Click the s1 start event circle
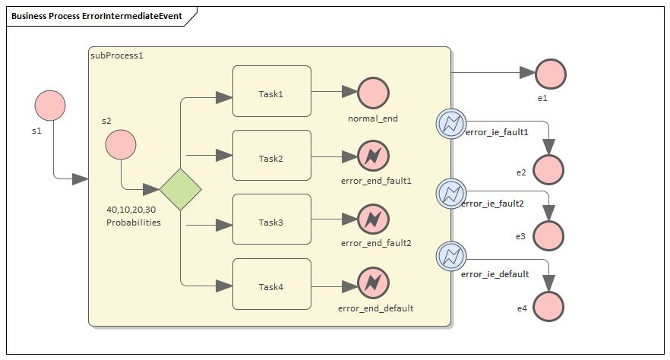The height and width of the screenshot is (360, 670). (50, 106)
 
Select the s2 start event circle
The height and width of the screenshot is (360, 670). (121, 144)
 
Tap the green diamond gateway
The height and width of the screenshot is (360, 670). (180, 189)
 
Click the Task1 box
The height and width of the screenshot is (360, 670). (271, 91)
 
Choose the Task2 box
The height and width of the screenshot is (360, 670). (271, 155)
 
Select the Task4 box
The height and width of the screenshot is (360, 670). (271, 284)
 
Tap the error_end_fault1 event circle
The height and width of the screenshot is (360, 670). (373, 156)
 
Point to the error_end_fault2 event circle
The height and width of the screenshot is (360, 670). (373, 219)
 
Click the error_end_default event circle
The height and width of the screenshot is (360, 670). (373, 283)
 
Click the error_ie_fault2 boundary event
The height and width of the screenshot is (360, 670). (450, 192)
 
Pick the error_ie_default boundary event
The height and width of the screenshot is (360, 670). (450, 256)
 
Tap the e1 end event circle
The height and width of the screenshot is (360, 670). (551, 74)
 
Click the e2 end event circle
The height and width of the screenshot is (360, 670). (548, 170)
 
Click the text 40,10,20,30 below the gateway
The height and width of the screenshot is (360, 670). (131, 209)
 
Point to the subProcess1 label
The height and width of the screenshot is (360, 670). (117, 56)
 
